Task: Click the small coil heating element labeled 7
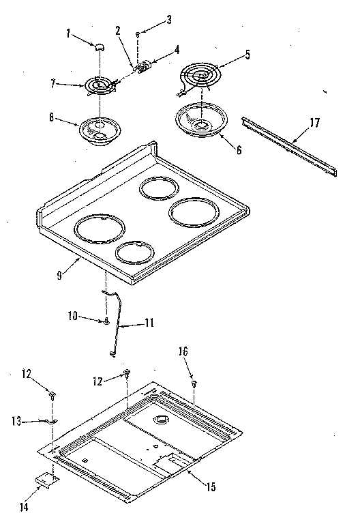tap(100, 86)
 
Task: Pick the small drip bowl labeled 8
tap(97, 130)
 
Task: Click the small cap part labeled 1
tap(98, 46)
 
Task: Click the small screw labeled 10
tap(107, 321)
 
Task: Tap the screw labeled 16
tap(194, 385)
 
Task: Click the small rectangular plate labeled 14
tap(46, 481)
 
